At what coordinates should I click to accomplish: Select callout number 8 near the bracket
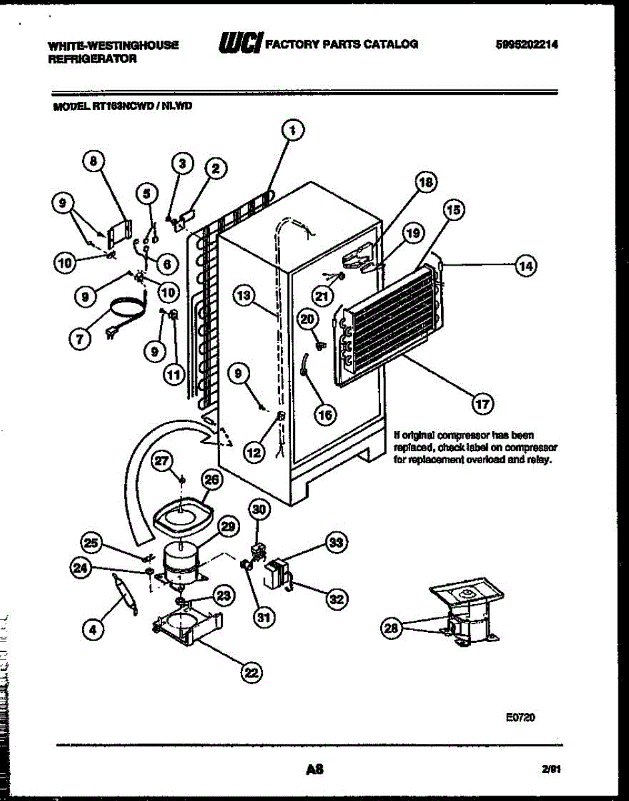click(93, 160)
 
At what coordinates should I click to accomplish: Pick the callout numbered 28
click(391, 627)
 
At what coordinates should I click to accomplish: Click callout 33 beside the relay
click(336, 543)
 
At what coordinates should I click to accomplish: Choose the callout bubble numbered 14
click(526, 266)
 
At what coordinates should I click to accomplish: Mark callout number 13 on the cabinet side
click(245, 294)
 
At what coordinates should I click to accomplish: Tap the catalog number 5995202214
click(526, 45)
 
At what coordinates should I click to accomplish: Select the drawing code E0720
click(520, 718)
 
